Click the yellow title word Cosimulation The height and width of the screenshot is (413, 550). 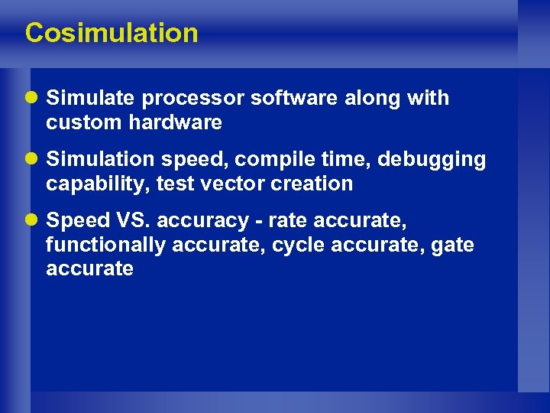[112, 33]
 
